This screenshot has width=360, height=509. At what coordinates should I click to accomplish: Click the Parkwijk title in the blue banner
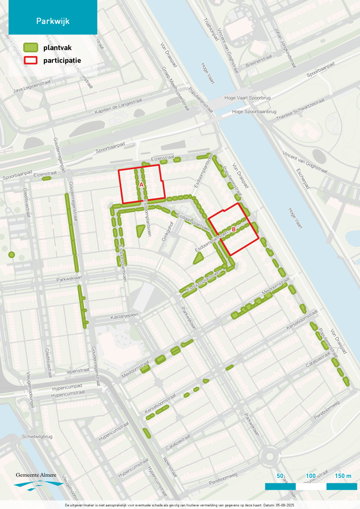tap(53, 21)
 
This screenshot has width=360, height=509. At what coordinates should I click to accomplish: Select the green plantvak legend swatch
tap(31, 47)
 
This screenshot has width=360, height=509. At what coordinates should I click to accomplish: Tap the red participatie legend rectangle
tap(31, 60)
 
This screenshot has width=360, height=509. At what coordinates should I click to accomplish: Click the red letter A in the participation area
tap(141, 185)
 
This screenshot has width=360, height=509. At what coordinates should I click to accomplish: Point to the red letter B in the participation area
tap(234, 229)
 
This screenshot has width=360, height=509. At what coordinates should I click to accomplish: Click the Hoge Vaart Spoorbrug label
tap(247, 98)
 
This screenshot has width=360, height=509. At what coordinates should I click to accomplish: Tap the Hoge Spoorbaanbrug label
tap(254, 112)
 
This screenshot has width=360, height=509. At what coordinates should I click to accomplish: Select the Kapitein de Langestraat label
tap(118, 106)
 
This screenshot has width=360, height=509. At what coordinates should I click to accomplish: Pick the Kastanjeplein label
tap(124, 316)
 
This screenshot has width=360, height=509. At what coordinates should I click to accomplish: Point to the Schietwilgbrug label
tap(37, 437)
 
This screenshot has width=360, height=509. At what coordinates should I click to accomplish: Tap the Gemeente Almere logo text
tap(36, 475)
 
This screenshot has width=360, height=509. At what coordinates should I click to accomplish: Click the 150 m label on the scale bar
tap(343, 476)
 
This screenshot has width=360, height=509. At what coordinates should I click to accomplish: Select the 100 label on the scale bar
tap(311, 476)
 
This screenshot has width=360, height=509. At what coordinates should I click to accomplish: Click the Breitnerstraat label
tap(259, 61)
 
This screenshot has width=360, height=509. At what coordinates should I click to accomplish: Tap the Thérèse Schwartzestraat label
tap(300, 109)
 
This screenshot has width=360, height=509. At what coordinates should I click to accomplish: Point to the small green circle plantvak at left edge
tap(11, 254)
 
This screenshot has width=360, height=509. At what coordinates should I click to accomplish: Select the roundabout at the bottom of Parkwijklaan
tap(270, 456)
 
